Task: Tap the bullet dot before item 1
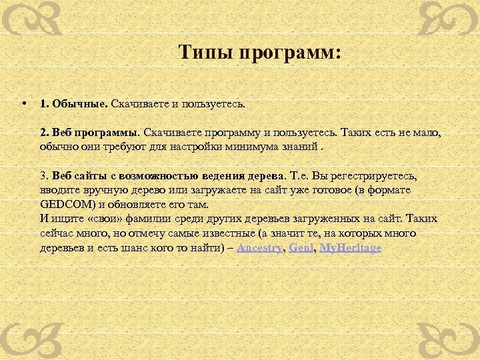[23, 103]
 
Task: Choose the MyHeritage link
[351, 248]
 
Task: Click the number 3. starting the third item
[44, 177]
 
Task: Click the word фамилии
[157, 219]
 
